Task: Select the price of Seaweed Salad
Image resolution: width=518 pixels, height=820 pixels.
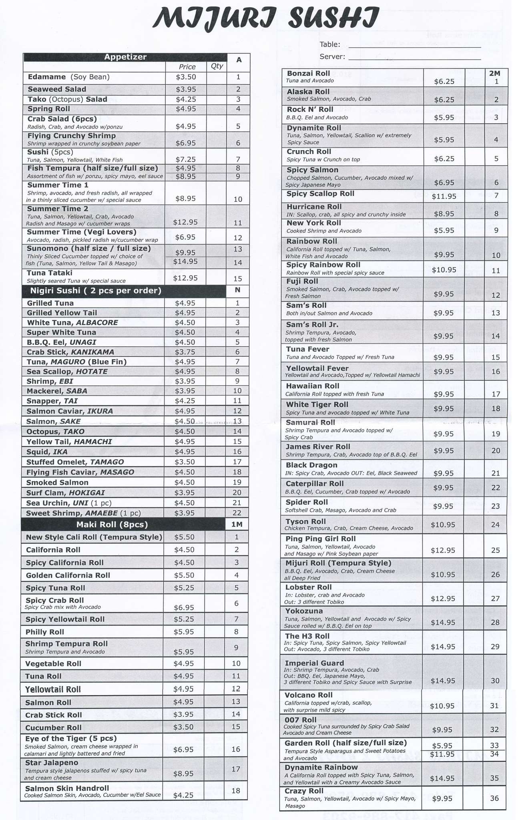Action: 186,89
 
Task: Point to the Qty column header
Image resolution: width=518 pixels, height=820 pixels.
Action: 216,66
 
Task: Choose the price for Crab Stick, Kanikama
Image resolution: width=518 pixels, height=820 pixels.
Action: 185,352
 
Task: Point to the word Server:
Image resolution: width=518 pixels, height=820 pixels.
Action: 332,57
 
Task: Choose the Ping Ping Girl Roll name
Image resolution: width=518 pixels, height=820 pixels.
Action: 321,539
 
